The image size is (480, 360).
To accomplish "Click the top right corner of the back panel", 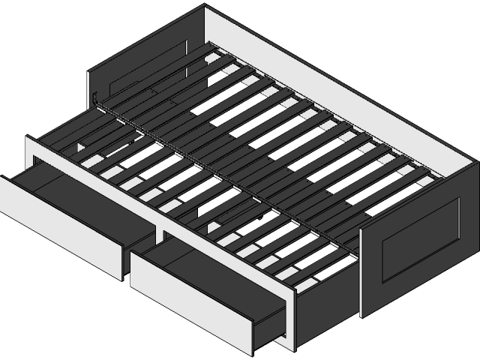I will pos(475,161).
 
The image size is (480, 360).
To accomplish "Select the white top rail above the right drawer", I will pos(225,247).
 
